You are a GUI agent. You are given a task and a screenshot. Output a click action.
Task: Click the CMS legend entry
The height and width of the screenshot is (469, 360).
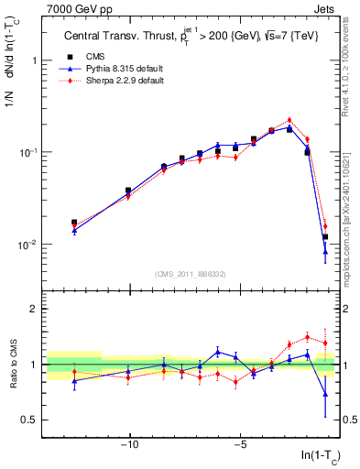[x=97, y=57]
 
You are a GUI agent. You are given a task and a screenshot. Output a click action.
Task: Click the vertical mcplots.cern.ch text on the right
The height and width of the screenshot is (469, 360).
[x=344, y=211]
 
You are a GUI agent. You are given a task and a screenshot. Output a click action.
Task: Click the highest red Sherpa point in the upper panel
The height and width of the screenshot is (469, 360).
[x=289, y=120]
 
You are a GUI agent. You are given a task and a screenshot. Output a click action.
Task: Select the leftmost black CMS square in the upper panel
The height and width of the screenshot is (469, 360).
[x=74, y=223]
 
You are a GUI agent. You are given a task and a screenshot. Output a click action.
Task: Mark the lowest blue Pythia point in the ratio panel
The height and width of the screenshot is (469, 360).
[x=325, y=395]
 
